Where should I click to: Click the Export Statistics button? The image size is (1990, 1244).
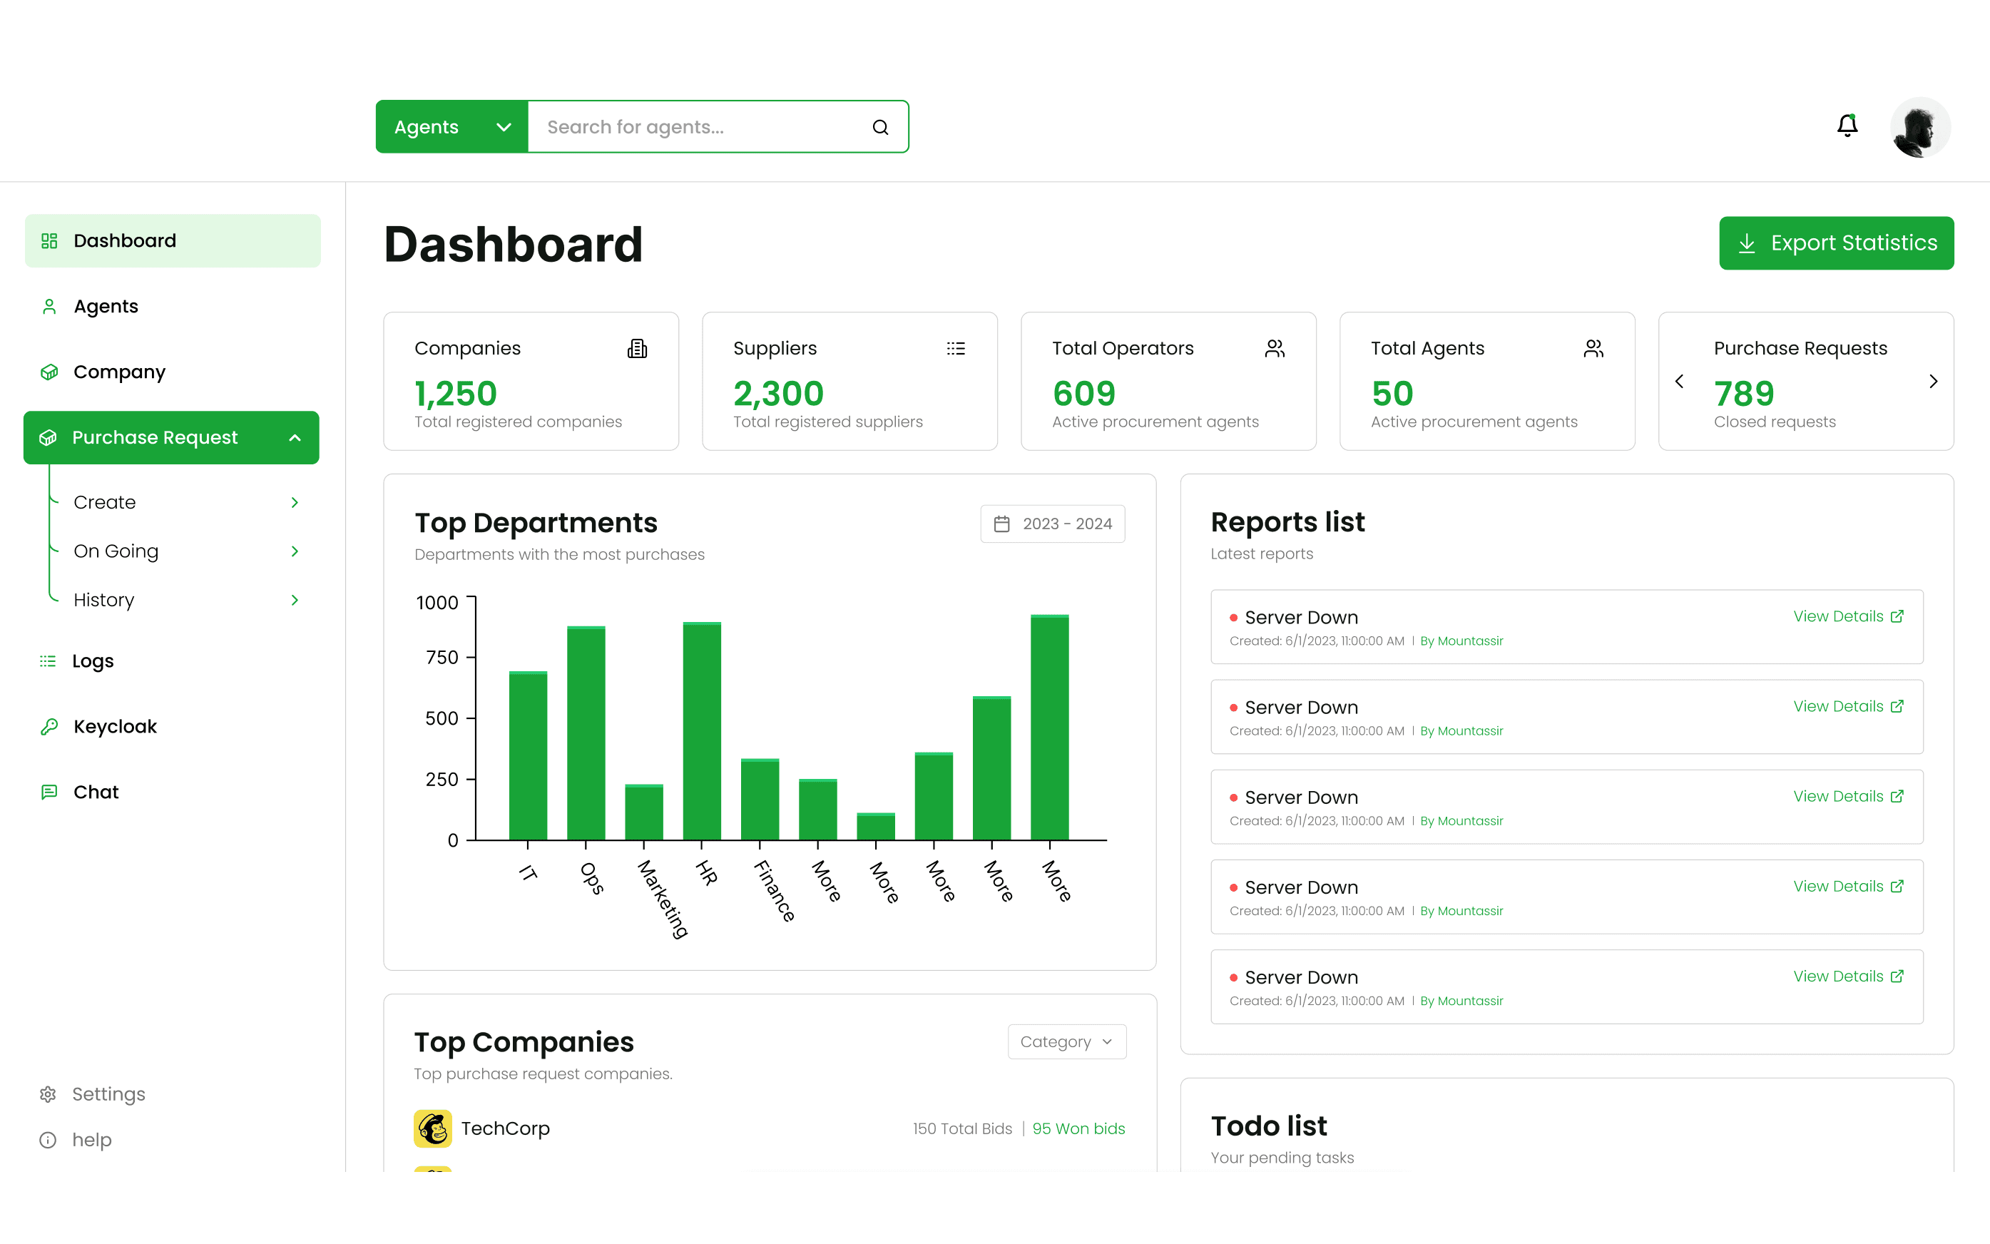[1835, 243]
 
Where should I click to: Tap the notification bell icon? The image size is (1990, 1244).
[1847, 126]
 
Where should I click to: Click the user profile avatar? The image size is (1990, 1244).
[1920, 128]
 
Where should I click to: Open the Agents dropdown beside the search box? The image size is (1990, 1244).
[451, 127]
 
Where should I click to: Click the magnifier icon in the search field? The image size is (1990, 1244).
[880, 128]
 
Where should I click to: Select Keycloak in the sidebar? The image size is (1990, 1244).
[114, 726]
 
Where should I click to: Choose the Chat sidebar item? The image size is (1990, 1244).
[96, 792]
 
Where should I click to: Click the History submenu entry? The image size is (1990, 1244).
[103, 600]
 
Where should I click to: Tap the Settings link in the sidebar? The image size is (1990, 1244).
[108, 1094]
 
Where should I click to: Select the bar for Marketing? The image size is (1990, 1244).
[643, 813]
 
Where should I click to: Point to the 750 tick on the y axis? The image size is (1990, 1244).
[443, 658]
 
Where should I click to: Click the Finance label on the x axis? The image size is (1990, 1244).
[773, 890]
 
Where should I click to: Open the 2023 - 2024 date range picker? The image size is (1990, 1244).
[1052, 524]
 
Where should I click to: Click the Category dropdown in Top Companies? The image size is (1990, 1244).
[1066, 1041]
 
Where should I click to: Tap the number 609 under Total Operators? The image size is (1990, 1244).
[1083, 394]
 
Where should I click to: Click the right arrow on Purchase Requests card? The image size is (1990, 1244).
[1932, 382]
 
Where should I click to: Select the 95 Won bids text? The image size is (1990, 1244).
[1078, 1129]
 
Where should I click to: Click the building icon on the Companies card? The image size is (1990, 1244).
[637, 349]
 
